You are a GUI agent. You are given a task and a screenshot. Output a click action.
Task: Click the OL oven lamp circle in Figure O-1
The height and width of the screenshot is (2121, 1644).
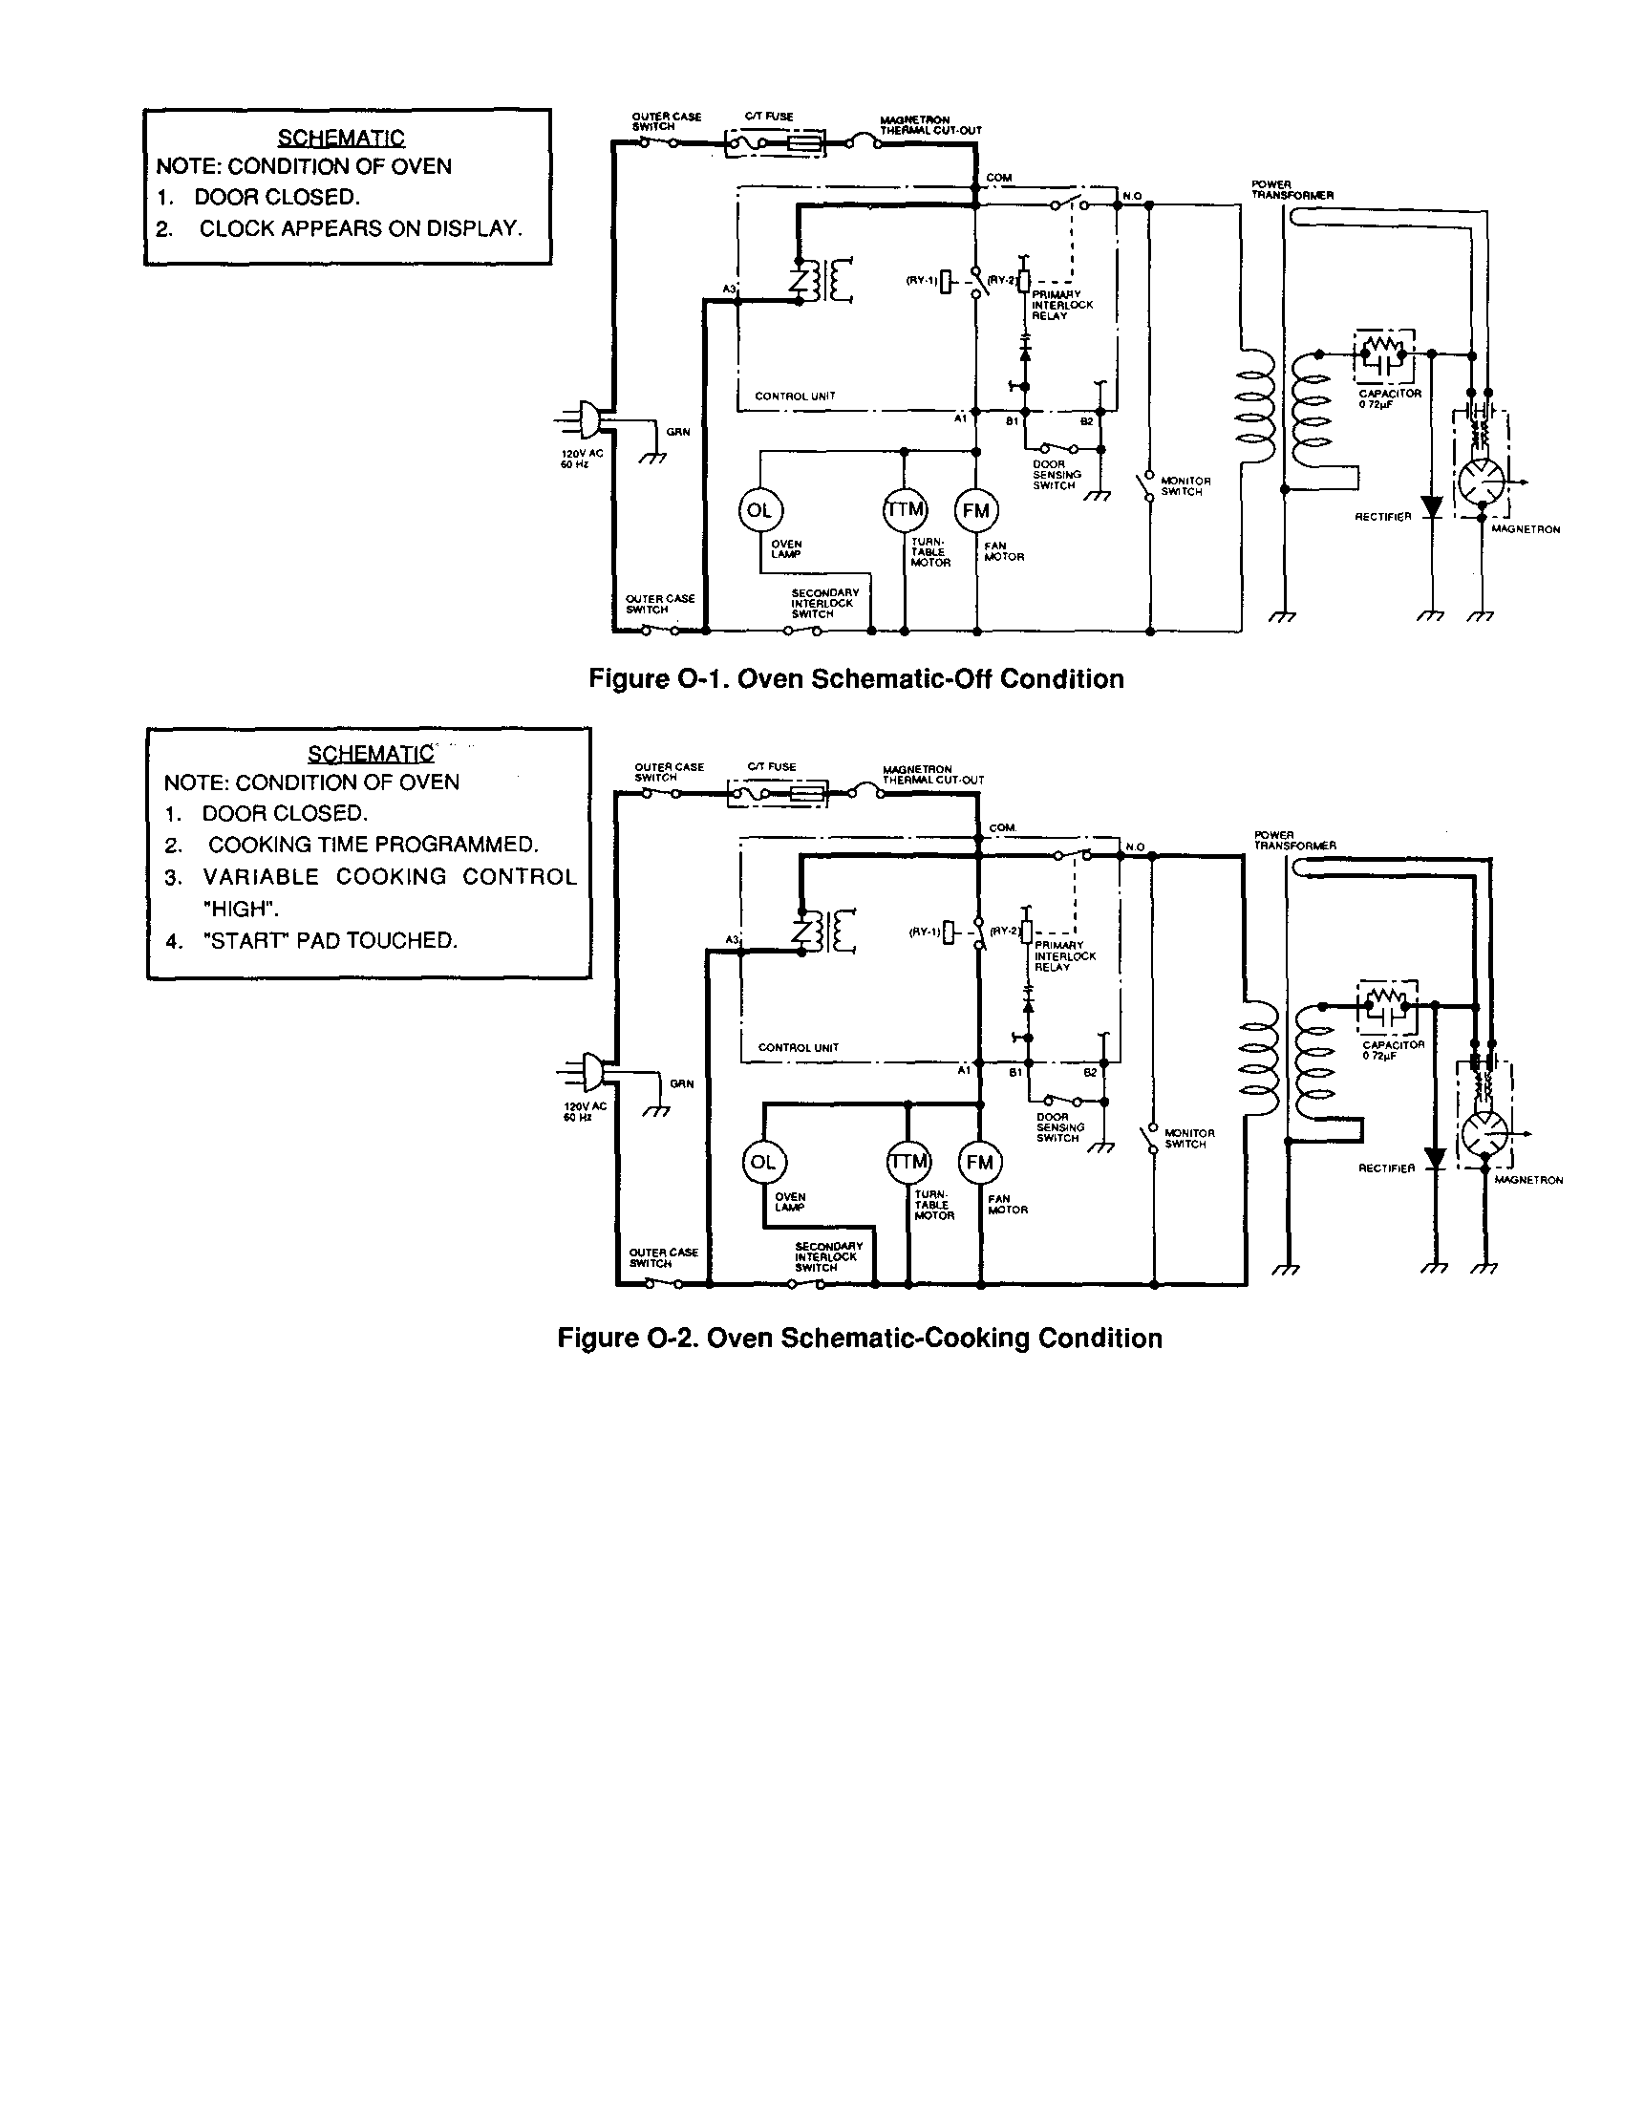tap(759, 510)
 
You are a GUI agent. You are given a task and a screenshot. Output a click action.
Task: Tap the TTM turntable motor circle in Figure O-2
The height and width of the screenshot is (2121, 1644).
tap(908, 1162)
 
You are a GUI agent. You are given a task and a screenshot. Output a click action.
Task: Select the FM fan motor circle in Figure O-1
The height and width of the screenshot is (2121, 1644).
tap(976, 511)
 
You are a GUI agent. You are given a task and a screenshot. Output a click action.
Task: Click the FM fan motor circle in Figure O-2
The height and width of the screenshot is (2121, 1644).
tap(980, 1163)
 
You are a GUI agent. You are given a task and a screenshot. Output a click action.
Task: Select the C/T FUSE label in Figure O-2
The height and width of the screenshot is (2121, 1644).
tap(771, 767)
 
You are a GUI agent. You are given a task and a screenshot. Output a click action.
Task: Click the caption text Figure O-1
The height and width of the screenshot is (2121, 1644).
tap(856, 679)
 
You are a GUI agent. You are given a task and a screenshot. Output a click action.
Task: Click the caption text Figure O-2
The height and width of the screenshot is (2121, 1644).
tap(859, 1339)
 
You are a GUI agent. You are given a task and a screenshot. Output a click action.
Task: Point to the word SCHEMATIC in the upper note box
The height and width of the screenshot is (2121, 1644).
tap(341, 138)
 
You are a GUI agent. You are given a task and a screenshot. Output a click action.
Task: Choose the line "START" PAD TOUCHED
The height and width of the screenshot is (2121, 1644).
tap(330, 940)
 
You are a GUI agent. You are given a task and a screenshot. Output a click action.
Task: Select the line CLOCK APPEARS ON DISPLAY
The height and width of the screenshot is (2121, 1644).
tap(360, 228)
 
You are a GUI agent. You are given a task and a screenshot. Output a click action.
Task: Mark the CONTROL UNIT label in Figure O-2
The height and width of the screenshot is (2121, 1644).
tap(799, 1048)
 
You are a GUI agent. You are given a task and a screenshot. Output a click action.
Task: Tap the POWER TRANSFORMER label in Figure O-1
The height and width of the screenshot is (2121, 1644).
tap(1292, 189)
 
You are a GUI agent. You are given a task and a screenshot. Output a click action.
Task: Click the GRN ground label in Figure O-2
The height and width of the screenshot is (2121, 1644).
tap(682, 1083)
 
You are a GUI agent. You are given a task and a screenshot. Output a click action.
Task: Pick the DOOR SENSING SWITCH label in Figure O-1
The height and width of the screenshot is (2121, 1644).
tap(1057, 475)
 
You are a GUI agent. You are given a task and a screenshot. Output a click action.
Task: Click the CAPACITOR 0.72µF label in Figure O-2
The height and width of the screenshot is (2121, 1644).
tap(1393, 1050)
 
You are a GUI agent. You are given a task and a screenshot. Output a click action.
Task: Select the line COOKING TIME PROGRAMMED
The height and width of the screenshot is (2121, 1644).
tap(373, 845)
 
